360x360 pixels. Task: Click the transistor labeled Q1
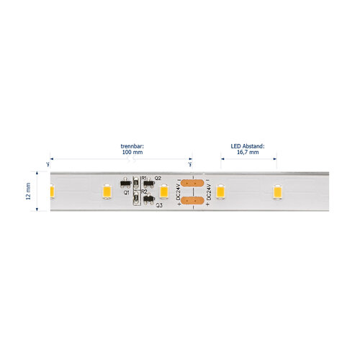point(126,184)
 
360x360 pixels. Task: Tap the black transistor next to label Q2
point(149,184)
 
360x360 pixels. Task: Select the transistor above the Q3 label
point(149,199)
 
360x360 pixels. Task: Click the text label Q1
point(127,192)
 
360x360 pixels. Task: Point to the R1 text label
point(144,178)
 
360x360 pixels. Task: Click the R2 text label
point(144,192)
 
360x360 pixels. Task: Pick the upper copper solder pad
point(192,183)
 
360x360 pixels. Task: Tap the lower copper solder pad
point(192,200)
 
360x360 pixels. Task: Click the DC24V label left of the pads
point(179,192)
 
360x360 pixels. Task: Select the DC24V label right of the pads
point(209,192)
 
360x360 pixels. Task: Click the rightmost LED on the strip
point(277,192)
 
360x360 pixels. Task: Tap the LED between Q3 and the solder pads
point(164,192)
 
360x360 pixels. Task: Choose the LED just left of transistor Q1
point(107,192)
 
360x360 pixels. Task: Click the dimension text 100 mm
point(132,152)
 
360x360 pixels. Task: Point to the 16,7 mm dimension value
point(248,152)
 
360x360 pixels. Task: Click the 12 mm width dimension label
point(28,191)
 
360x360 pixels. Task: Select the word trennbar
point(132,146)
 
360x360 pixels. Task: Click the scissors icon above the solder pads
point(190,164)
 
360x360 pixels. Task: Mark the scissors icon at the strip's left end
point(48,164)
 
